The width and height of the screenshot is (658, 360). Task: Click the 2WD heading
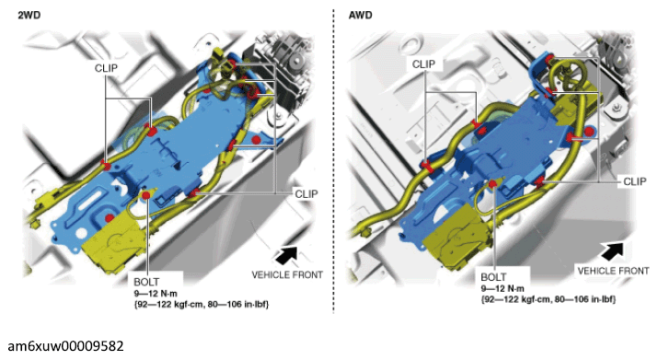click(29, 15)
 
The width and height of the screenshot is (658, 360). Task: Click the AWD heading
click(361, 15)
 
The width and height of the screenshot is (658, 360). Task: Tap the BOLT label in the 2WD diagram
click(146, 282)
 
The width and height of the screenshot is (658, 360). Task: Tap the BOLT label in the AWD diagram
click(493, 277)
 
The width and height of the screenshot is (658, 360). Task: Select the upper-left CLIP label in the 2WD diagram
click(106, 68)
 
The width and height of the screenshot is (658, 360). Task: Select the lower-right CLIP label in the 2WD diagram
click(306, 194)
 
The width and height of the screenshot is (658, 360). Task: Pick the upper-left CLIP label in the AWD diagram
click(423, 64)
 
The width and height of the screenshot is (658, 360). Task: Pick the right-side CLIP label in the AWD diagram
click(634, 181)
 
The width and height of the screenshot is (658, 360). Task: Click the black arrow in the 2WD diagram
click(288, 254)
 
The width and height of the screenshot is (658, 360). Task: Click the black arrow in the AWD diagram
click(613, 251)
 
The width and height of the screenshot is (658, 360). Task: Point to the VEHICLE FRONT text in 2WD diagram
click(287, 275)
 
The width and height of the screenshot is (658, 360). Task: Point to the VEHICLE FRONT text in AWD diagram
click(613, 271)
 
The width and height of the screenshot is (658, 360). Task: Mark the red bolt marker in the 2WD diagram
click(146, 195)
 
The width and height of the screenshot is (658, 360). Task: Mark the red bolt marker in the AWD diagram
click(492, 184)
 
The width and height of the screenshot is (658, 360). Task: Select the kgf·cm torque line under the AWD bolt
click(548, 299)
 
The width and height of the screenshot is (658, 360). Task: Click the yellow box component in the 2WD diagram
click(112, 247)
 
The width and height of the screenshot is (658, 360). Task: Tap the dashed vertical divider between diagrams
click(334, 162)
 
